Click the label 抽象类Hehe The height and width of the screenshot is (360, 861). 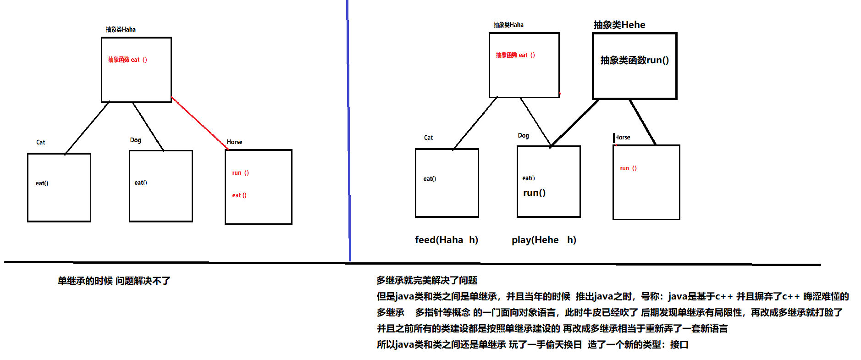click(619, 25)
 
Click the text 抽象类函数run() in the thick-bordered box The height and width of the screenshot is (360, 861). click(635, 60)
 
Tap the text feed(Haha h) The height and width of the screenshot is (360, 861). click(446, 240)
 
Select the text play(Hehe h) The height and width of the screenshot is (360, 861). click(544, 240)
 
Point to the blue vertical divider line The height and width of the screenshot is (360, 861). click(348, 138)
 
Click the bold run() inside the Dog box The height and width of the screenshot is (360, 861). click(534, 193)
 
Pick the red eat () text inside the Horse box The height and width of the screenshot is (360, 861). click(239, 195)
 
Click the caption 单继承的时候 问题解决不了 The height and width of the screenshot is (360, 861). click(114, 281)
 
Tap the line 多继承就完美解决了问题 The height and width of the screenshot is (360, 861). click(427, 280)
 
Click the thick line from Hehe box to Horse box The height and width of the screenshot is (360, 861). click(643, 122)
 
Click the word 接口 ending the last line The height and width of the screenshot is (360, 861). click(679, 344)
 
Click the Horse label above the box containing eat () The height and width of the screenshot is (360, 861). click(234, 142)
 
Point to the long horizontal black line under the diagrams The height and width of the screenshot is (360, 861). click(413, 263)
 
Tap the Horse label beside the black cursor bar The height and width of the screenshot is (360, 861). click(623, 138)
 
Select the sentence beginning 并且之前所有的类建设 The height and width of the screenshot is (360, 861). click(552, 328)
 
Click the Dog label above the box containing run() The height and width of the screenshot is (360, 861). click(523, 136)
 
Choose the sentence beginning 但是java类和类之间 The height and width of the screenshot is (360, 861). click(613, 296)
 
